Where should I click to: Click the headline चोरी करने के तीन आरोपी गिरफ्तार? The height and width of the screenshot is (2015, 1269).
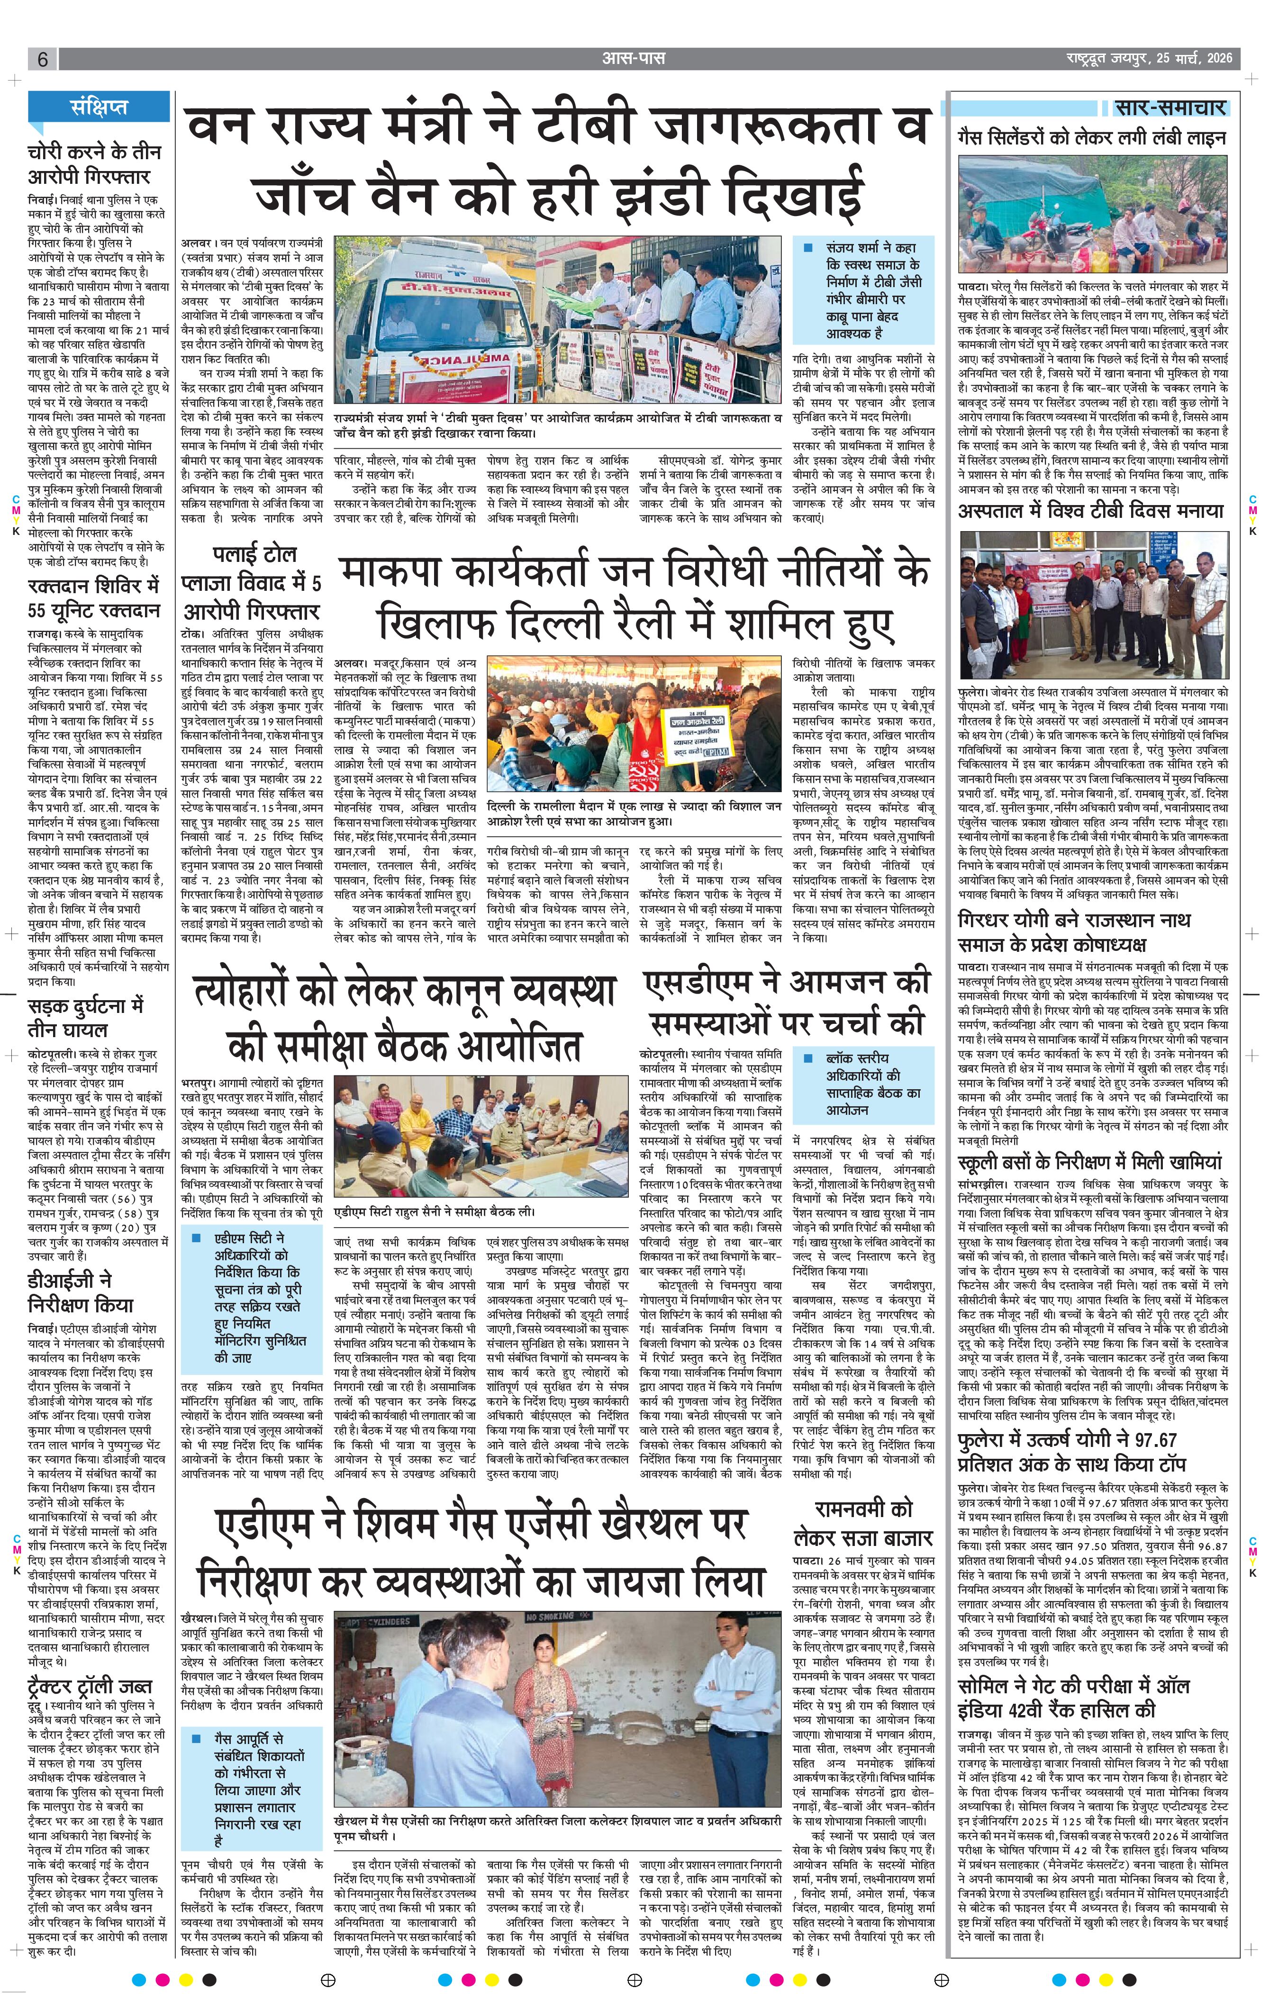tap(94, 165)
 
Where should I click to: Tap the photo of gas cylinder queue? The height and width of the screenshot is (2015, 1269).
tap(1093, 219)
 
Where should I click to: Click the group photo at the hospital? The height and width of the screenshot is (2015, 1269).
tap(1093, 605)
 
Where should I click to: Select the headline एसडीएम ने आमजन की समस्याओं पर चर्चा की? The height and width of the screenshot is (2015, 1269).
tap(787, 1003)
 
